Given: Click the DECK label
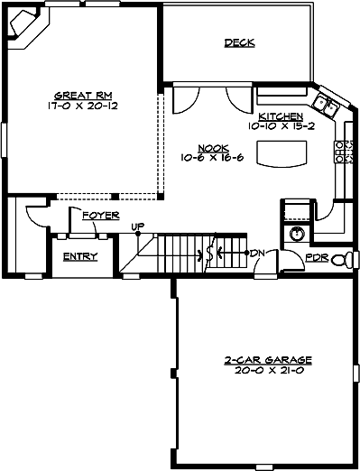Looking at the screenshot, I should click(x=239, y=43).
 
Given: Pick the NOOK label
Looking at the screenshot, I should click(x=215, y=147).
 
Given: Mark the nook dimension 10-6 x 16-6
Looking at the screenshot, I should click(x=214, y=157).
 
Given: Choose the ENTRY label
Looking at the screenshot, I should click(x=80, y=257).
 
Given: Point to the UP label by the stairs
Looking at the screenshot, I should click(x=137, y=226).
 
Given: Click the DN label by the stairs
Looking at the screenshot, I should click(x=256, y=253).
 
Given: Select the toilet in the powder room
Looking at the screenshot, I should click(x=341, y=260).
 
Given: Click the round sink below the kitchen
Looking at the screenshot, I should click(x=297, y=234).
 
